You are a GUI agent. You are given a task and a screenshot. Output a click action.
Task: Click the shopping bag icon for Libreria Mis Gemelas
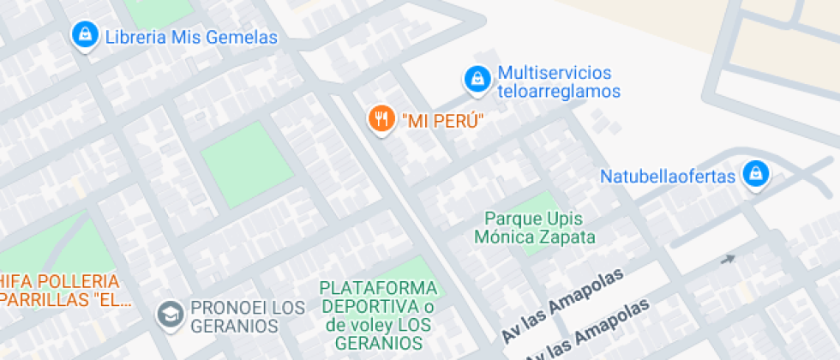pos(84,35)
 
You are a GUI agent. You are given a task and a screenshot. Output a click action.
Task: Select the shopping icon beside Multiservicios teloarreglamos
pos(476,80)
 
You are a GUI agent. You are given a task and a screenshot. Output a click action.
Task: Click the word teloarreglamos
pos(559,91)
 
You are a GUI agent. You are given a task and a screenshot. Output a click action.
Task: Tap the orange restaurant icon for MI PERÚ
pos(380,118)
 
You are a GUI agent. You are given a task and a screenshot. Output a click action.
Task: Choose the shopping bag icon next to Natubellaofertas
pos(755,174)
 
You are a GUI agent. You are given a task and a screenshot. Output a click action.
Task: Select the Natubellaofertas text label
pos(668,177)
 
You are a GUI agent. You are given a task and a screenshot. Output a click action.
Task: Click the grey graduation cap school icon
pos(170,314)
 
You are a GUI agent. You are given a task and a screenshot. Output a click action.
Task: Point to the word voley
pos(370,325)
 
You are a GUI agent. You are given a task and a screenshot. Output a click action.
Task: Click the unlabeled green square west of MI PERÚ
pos(242,165)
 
